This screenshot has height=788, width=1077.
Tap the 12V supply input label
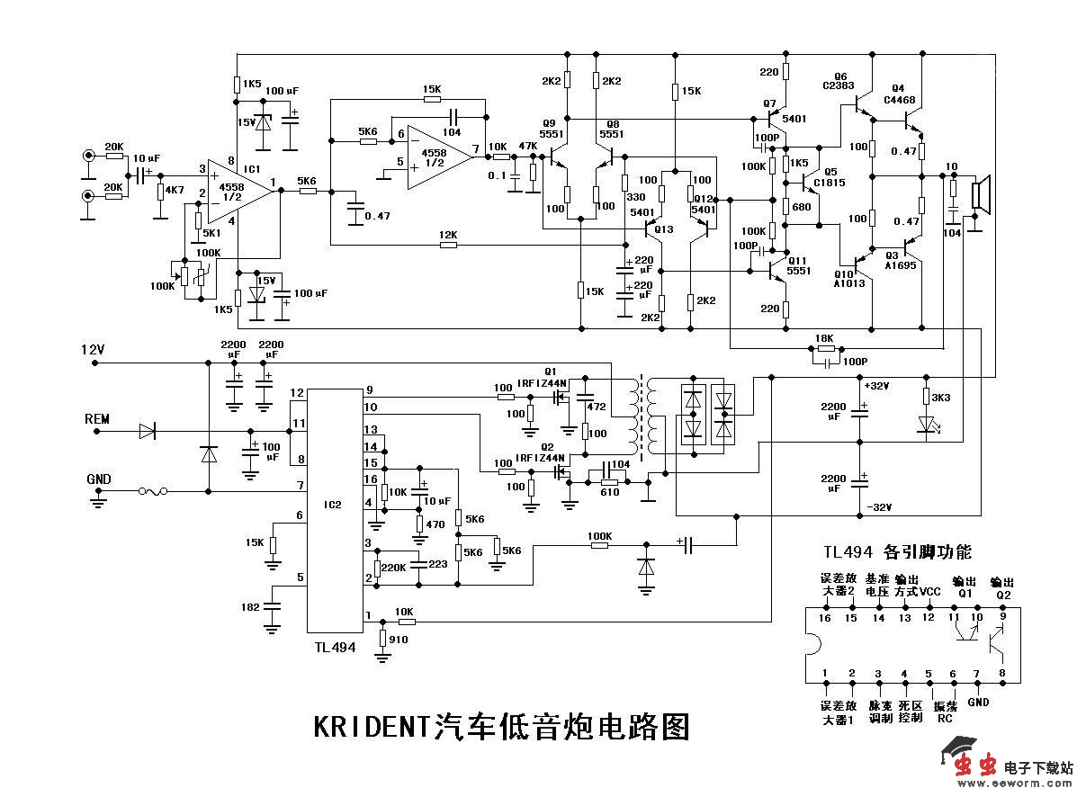click(x=94, y=349)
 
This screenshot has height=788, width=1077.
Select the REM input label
click(x=96, y=418)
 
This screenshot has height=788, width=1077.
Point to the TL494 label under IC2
click(x=335, y=647)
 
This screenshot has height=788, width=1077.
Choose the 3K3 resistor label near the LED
click(x=942, y=397)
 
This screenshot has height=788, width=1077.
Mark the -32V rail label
click(x=877, y=507)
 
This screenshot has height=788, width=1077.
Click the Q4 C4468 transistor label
click(x=902, y=94)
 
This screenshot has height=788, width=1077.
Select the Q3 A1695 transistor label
click(x=902, y=260)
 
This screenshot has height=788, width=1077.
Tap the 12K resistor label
click(x=448, y=235)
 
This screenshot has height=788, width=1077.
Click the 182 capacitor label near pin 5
click(x=250, y=609)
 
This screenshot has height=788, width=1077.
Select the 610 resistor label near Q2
click(x=610, y=492)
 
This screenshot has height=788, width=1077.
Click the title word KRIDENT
click(x=372, y=725)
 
